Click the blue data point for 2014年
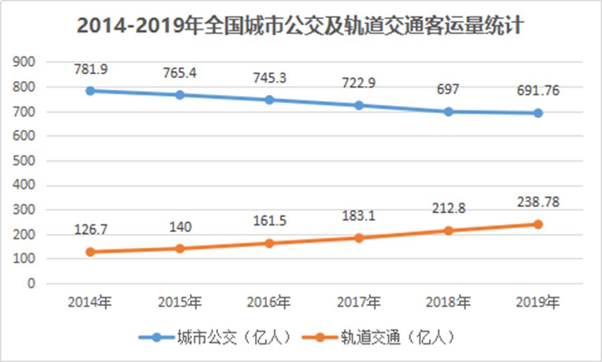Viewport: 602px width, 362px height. tap(90, 90)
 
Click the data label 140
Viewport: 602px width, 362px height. tap(181, 227)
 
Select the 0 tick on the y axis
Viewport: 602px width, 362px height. tap(31, 284)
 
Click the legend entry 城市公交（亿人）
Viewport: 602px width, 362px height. tap(214, 336)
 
